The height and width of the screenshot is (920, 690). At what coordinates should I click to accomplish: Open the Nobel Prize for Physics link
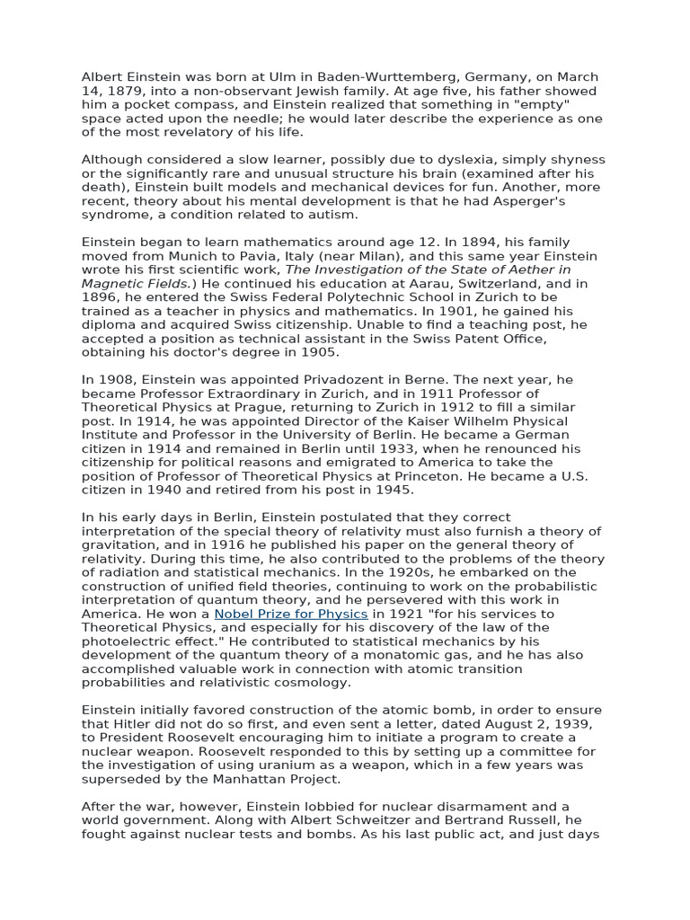[x=291, y=614]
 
